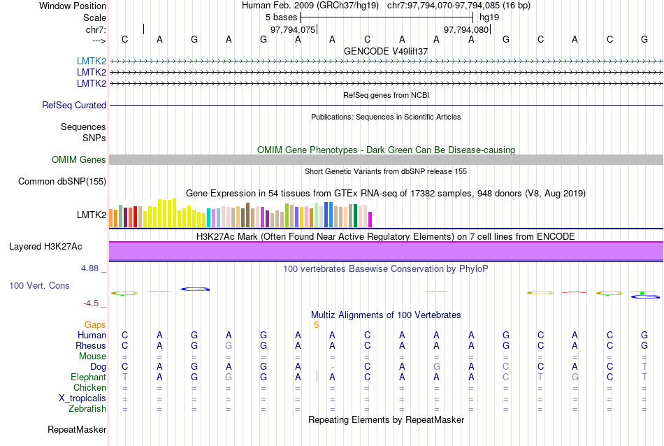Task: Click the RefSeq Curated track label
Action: pyautogui.click(x=74, y=106)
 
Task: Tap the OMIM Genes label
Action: pyautogui.click(x=79, y=160)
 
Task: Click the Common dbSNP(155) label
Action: pyautogui.click(x=62, y=182)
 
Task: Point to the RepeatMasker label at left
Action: pyautogui.click(x=77, y=429)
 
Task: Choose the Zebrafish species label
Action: pyautogui.click(x=87, y=409)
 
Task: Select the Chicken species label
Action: pyautogui.click(x=89, y=388)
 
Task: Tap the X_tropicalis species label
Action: pyautogui.click(x=82, y=398)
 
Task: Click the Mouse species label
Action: pyautogui.click(x=92, y=357)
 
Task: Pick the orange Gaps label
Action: pyautogui.click(x=95, y=325)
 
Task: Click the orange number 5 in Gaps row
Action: pyautogui.click(x=316, y=325)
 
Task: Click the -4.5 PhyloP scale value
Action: pyautogui.click(x=94, y=303)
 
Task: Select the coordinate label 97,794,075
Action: pyautogui.click(x=293, y=30)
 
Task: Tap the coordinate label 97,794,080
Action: pyautogui.click(x=466, y=30)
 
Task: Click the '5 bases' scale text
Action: pyautogui.click(x=281, y=17)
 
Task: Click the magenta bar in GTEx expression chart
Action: pyautogui.click(x=370, y=220)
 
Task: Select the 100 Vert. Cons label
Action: pyautogui.click(x=39, y=286)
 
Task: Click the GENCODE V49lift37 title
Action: pyautogui.click(x=386, y=52)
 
